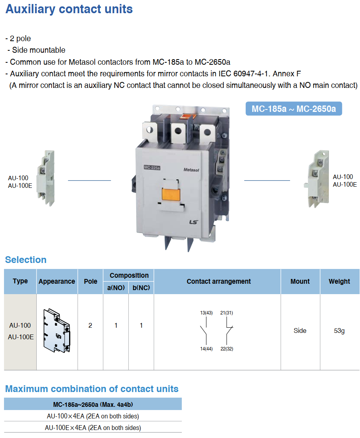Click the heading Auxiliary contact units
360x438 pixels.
point(69,9)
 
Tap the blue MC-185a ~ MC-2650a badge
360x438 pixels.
point(293,109)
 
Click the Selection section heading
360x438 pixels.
point(26,260)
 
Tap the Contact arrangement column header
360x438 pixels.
point(219,281)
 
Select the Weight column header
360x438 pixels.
point(339,281)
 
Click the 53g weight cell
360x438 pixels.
point(339,331)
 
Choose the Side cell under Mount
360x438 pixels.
point(300,331)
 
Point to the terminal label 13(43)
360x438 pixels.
point(207,313)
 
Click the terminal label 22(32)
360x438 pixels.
point(227,349)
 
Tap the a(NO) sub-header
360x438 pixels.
point(116,288)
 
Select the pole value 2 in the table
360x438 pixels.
point(90,326)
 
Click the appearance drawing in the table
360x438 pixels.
point(57,331)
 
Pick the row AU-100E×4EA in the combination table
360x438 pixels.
point(93,428)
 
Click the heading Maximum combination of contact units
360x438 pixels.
point(91,389)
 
